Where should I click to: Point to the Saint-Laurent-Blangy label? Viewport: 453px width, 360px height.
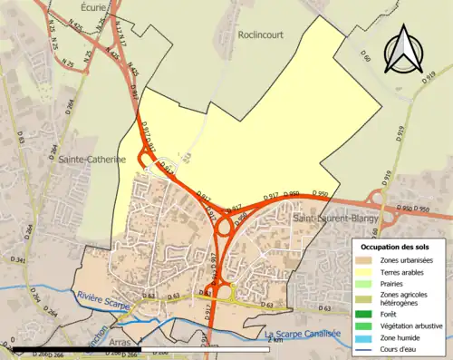tap(335, 219)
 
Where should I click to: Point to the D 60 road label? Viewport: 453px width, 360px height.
tap(365, 61)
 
